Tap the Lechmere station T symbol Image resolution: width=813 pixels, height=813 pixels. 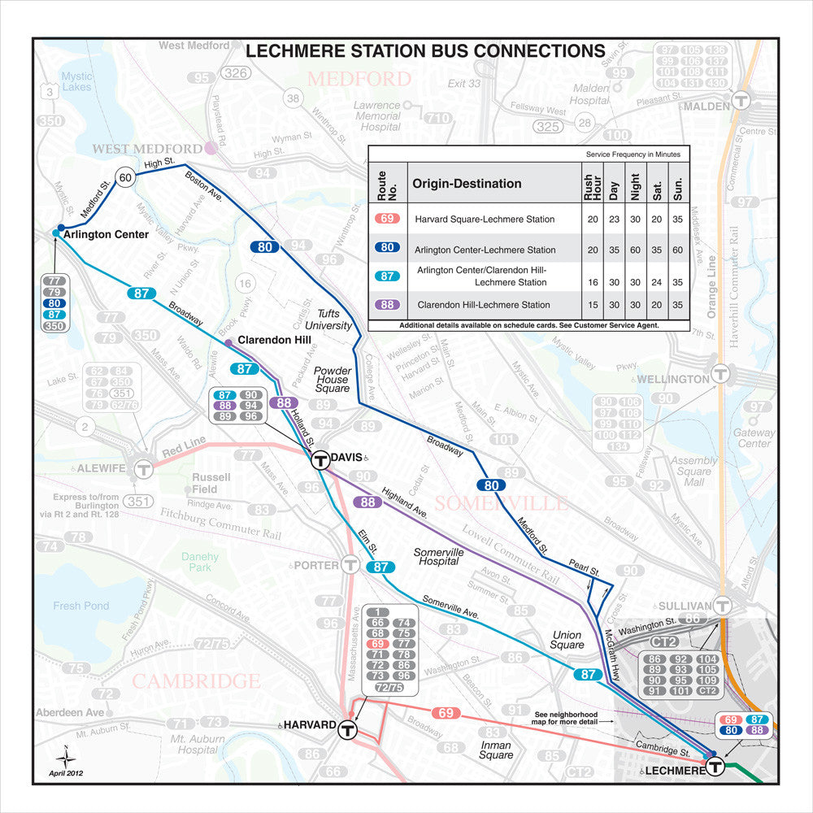[715, 767]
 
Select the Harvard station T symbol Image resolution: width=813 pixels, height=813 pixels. [348, 729]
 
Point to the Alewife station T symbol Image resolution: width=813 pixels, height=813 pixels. [144, 469]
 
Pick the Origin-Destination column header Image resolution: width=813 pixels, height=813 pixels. [467, 184]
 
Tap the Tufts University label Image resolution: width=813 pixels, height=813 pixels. [333, 320]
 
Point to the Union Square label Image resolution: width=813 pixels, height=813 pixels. [567, 639]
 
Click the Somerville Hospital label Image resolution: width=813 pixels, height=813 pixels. [438, 557]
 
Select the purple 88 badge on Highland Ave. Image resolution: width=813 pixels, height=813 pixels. [367, 502]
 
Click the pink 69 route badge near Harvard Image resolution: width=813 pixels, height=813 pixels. [446, 713]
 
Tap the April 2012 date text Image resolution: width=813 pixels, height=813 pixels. [65, 772]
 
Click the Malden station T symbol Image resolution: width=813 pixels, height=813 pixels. [740, 101]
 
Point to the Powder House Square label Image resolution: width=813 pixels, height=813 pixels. [332, 379]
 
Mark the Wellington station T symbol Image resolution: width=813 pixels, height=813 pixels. [720, 374]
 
